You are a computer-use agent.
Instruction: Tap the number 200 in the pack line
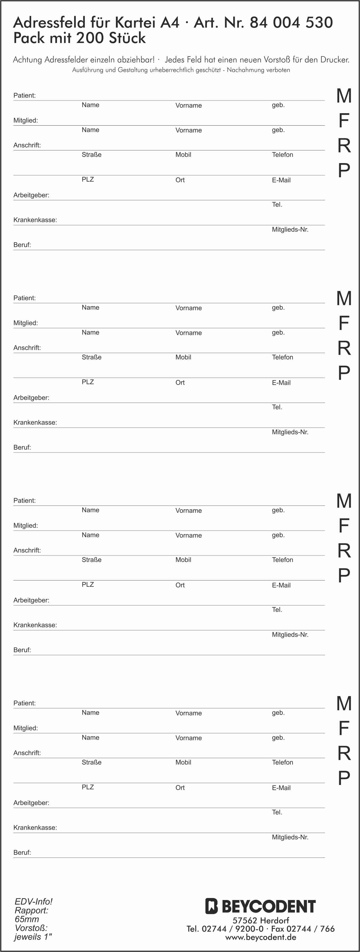coord(89,38)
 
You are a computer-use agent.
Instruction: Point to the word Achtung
coord(27,60)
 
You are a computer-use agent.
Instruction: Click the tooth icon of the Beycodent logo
coord(211,906)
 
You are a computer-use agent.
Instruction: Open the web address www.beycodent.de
coord(260,937)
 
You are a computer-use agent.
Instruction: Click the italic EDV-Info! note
coord(34,901)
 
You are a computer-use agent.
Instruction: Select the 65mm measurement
coord(27,919)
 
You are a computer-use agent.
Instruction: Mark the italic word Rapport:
coord(31,910)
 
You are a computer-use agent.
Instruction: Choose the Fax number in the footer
coord(303,929)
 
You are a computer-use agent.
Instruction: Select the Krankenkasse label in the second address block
coord(35,422)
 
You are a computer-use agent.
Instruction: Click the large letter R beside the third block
coord(344,551)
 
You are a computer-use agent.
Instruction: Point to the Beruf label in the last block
coord(22,852)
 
